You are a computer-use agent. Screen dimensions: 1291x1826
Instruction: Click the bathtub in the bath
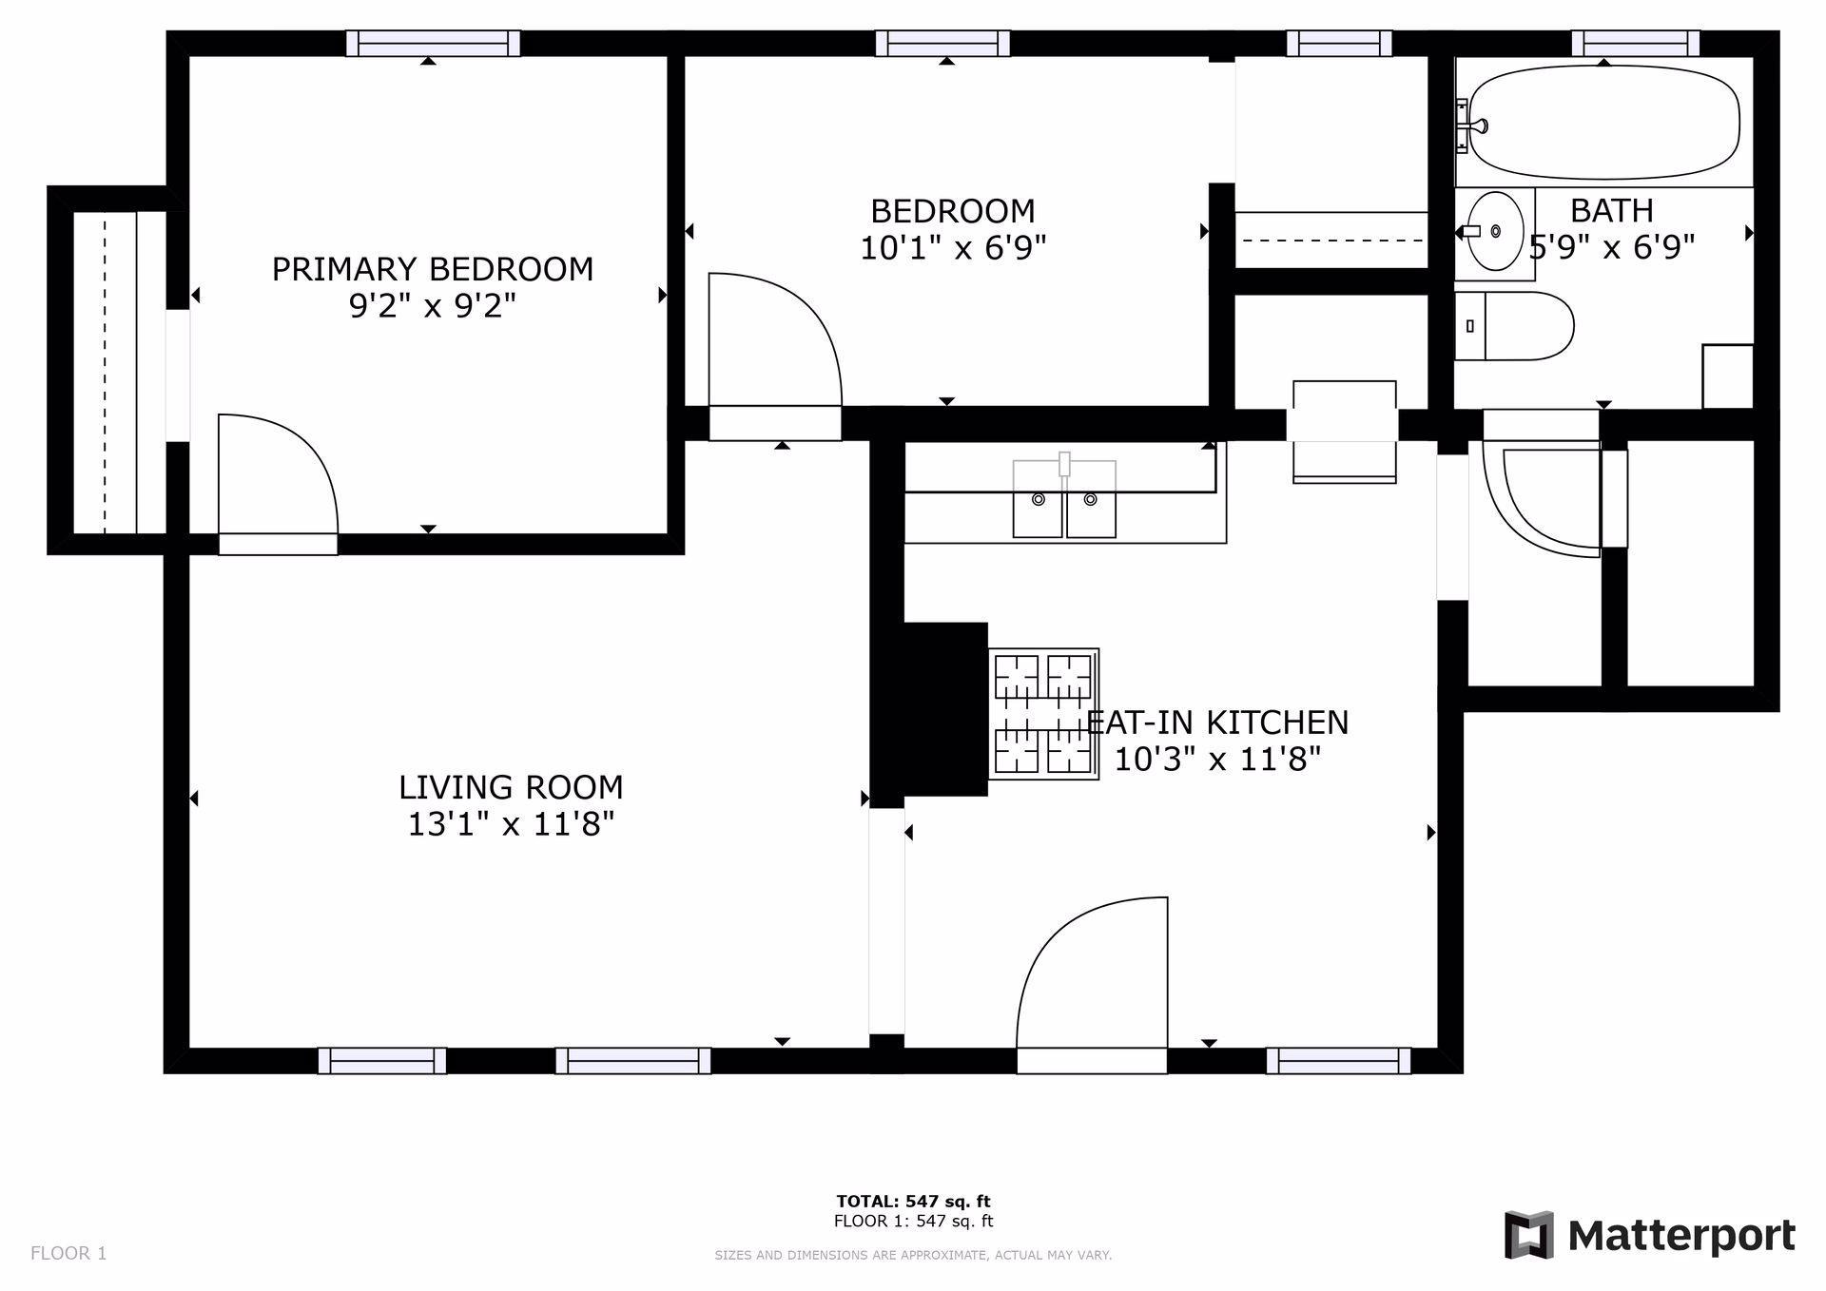point(1603,122)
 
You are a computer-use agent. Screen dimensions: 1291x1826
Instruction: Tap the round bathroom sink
point(1495,231)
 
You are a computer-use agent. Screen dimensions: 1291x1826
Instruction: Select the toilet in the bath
point(1516,326)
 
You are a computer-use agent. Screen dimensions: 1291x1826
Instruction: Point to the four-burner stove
point(1043,714)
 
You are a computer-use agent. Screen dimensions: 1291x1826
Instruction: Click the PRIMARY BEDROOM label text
point(433,269)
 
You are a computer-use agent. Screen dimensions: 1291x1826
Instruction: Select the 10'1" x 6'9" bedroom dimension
point(953,248)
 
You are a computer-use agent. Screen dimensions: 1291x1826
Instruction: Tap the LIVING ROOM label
point(511,787)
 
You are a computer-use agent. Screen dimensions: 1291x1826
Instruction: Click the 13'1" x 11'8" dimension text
point(511,824)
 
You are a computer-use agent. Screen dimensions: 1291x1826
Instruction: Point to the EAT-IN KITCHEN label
point(1219,723)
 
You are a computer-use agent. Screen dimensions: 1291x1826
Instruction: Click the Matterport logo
point(1649,1235)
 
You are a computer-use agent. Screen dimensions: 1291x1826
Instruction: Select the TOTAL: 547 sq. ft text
point(913,1202)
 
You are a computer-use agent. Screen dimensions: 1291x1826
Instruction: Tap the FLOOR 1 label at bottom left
point(68,1253)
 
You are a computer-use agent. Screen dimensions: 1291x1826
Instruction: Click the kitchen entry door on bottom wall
point(1092,979)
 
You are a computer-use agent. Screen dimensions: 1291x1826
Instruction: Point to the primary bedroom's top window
point(433,44)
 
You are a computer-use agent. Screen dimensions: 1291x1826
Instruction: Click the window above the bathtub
point(1635,44)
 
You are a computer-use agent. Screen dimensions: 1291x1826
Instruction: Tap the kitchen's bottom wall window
point(1338,1060)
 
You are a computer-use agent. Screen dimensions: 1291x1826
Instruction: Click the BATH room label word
point(1611,210)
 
